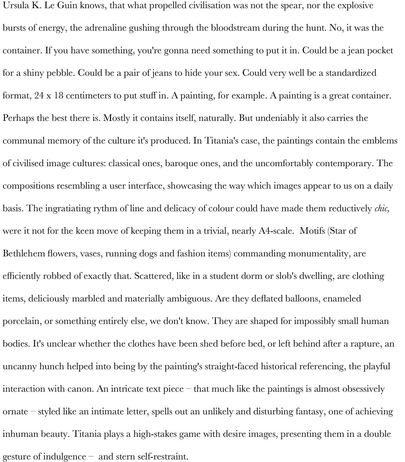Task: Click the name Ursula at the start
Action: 13,6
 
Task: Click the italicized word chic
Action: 382,209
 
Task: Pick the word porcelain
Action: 20,322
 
